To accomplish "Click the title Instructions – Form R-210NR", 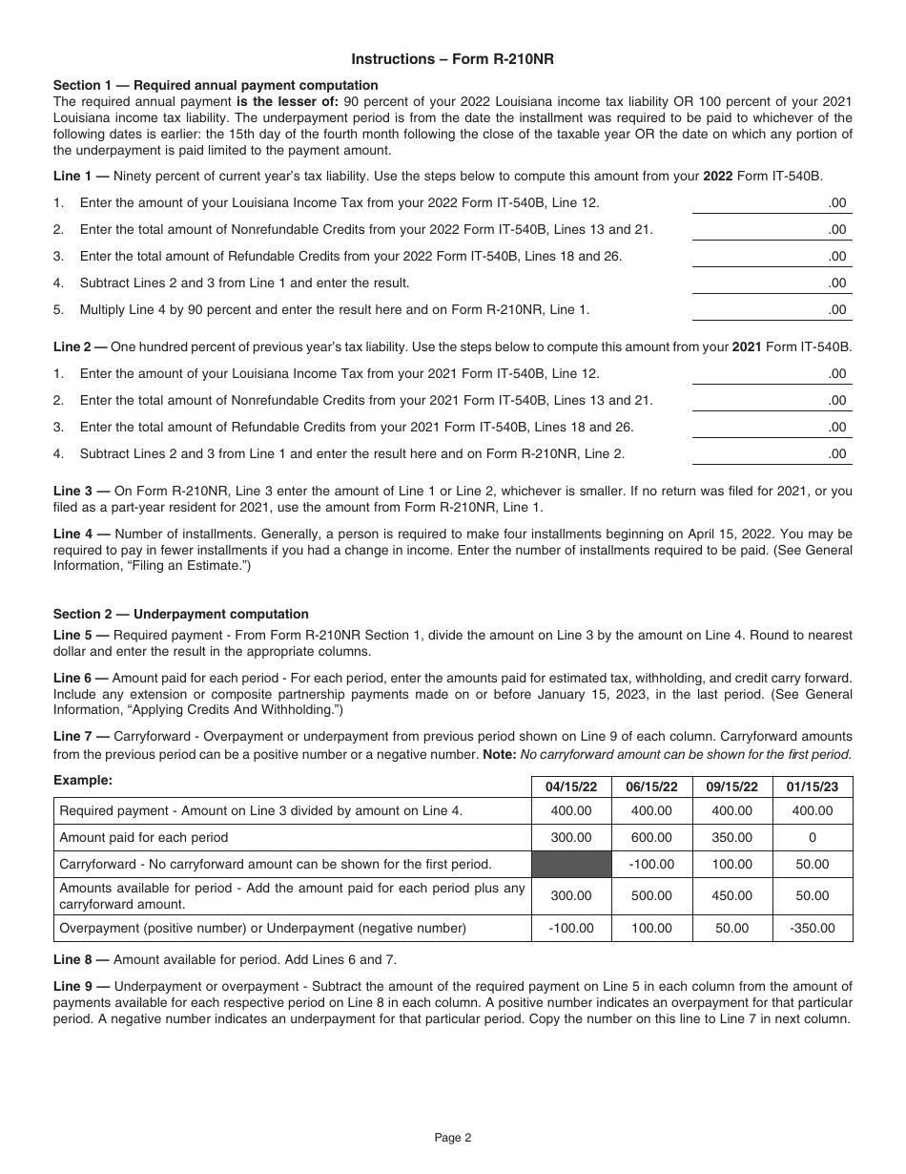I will click(453, 59).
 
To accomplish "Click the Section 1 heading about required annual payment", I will click(216, 85).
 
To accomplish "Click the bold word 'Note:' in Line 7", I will click(502, 754).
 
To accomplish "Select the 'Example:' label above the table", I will click(83, 780).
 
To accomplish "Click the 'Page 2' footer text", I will click(453, 1137).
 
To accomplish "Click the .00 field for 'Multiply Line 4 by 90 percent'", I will click(772, 309).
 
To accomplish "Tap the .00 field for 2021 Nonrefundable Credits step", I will click(772, 400).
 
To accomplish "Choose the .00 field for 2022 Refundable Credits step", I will click(772, 256).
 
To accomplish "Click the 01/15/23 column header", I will click(813, 786).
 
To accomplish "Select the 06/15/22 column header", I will click(651, 786).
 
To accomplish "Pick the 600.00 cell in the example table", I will click(651, 837).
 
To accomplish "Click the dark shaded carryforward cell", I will click(570, 864).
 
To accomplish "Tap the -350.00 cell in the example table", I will click(813, 928).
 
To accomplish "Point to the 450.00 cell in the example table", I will click(731, 895).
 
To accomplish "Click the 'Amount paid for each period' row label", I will click(144, 837).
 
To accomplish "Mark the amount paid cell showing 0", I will click(813, 837).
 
